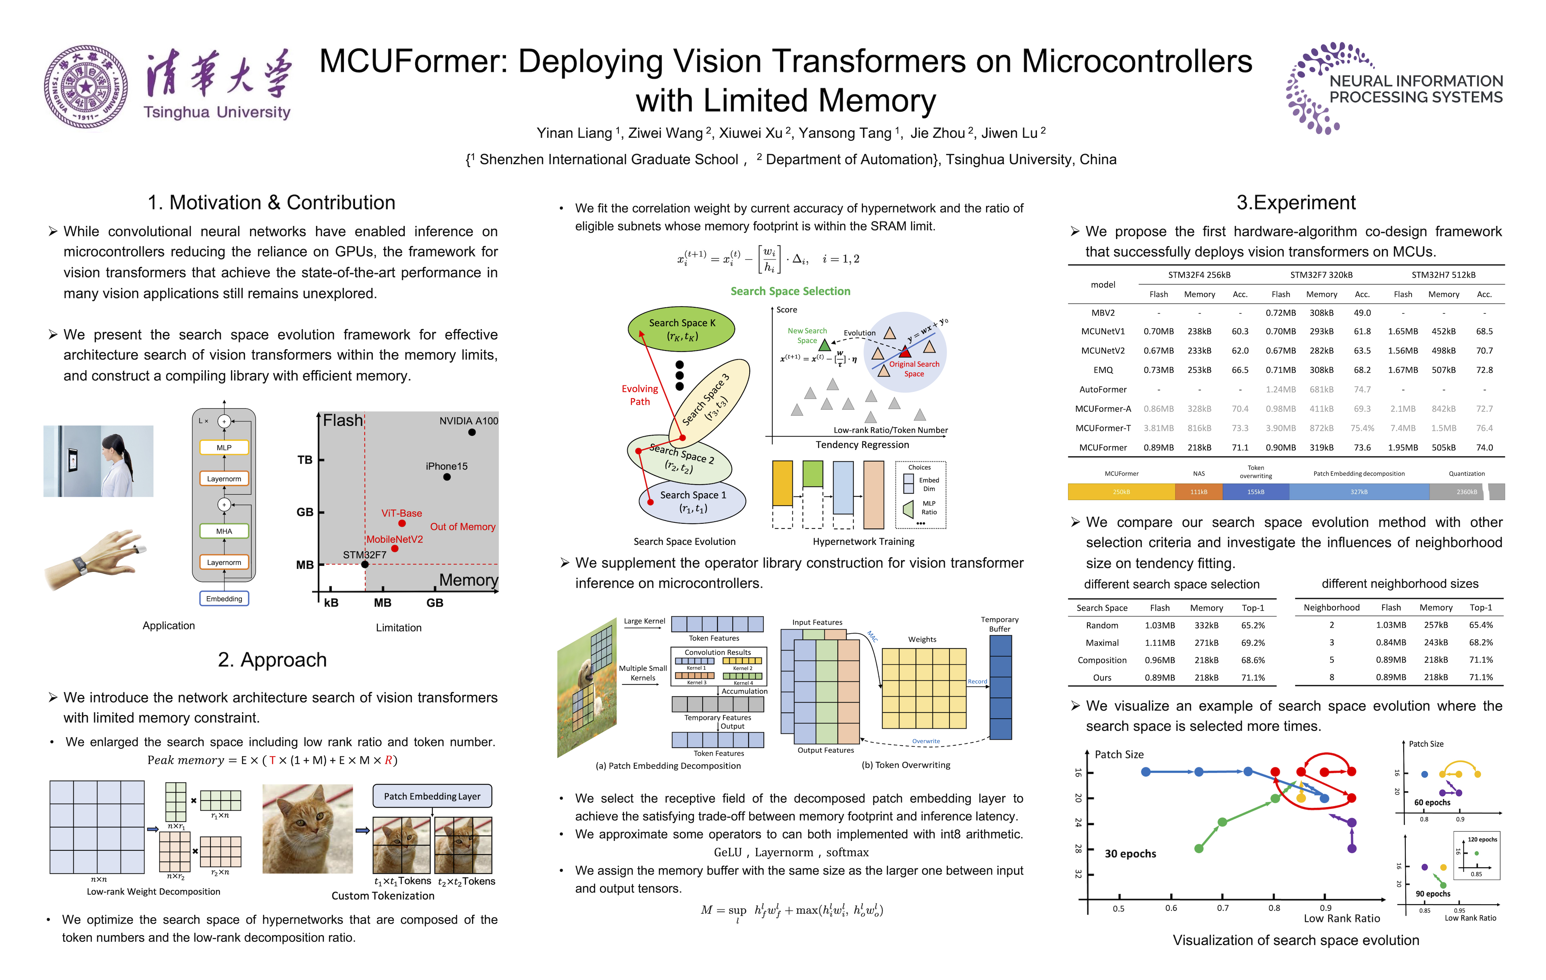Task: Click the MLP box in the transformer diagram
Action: tap(224, 448)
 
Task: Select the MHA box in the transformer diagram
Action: tap(224, 531)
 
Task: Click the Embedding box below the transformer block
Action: tap(224, 598)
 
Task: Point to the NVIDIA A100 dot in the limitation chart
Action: tap(472, 432)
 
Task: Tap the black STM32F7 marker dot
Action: tap(365, 564)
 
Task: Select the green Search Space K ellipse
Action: tap(681, 329)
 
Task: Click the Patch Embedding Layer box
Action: tap(432, 796)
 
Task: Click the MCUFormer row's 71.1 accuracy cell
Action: tap(1240, 448)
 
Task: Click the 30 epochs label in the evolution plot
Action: tap(1130, 853)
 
